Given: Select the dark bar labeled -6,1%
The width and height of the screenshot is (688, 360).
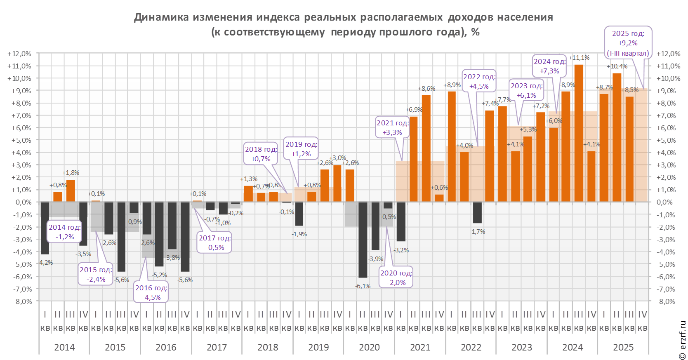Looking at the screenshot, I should coord(363,240).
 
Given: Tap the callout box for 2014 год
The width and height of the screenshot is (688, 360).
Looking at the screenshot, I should coord(65,232).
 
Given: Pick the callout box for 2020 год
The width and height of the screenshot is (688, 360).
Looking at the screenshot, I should coord(396,278).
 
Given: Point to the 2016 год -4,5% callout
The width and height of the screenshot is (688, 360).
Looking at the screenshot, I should coord(151,292).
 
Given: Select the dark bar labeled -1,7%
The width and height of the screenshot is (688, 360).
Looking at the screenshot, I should coord(477,212).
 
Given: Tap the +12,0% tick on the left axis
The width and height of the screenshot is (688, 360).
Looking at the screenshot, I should coord(19,54).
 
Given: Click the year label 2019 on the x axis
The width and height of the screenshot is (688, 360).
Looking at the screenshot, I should coord(318,347).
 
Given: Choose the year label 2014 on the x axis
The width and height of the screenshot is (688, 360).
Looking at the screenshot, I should coord(64,347).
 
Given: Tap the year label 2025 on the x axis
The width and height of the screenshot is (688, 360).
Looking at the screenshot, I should coord(623,347).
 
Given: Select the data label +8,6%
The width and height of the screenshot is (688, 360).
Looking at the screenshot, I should coord(426,89).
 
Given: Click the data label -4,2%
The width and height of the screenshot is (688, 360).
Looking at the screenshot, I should coord(45,263).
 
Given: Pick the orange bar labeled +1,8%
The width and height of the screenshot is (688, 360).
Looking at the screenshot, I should coord(71,191).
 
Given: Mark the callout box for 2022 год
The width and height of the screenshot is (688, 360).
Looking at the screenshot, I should coord(479,81).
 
